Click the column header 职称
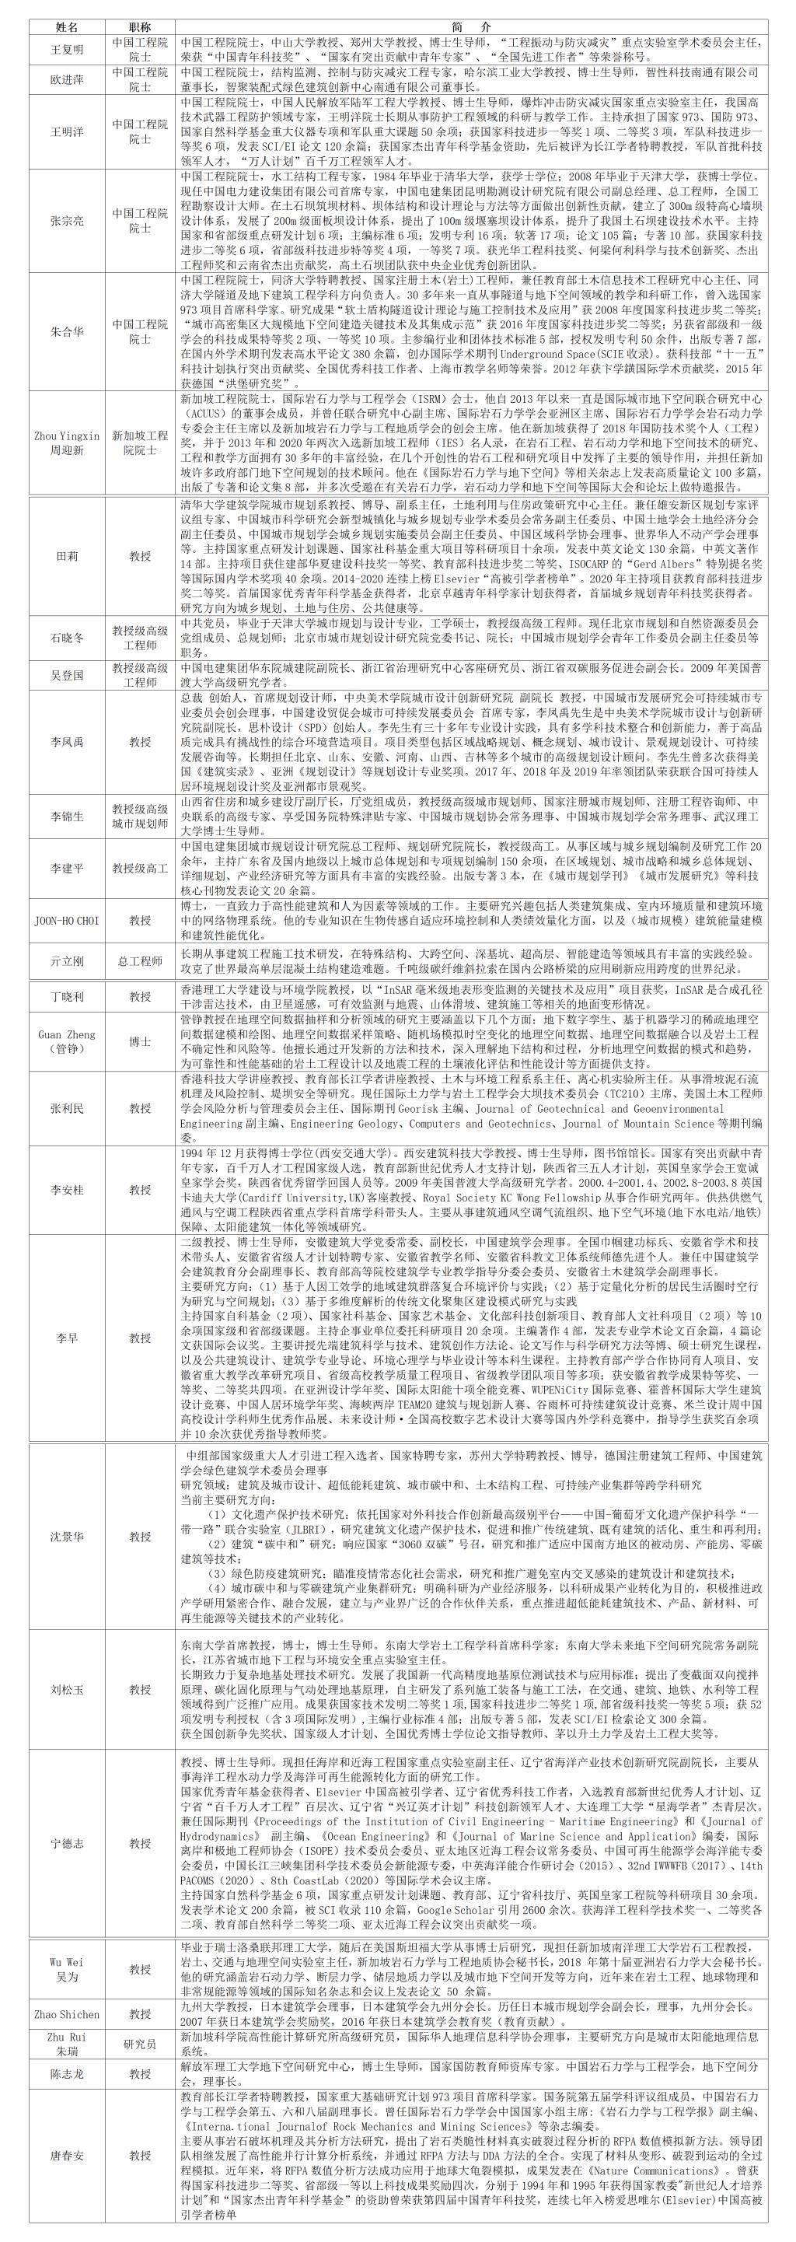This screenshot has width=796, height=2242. tap(139, 27)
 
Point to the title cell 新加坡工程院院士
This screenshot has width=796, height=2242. tap(139, 443)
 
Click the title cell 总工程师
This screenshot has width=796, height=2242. tap(139, 962)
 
